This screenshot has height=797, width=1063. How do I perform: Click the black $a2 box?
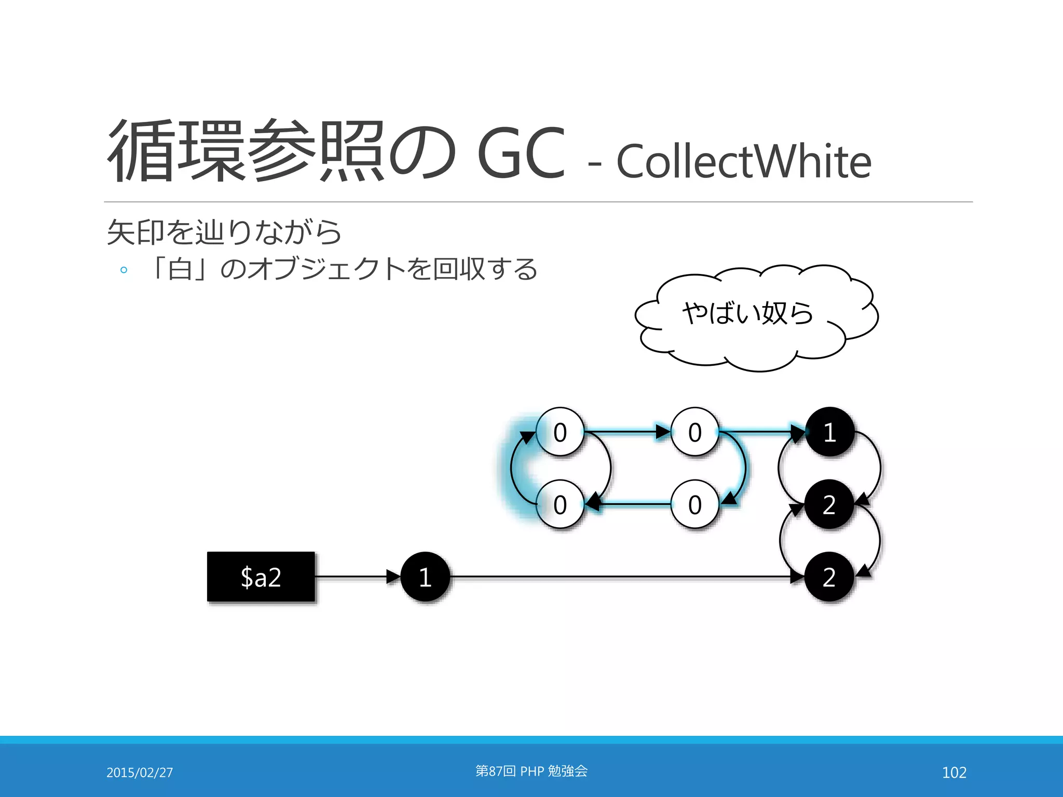(261, 576)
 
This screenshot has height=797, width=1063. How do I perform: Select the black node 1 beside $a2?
(425, 576)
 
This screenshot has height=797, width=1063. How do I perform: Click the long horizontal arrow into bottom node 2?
(623, 576)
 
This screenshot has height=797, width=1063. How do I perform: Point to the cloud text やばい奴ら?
(747, 313)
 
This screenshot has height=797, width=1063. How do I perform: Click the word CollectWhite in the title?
(743, 161)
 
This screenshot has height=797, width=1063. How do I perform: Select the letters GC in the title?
(521, 154)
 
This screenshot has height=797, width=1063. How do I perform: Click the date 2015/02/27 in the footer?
(140, 773)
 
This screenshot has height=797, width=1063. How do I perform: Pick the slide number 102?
(954, 773)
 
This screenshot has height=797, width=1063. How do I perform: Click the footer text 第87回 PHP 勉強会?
(531, 771)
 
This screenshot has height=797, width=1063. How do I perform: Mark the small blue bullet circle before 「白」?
(124, 270)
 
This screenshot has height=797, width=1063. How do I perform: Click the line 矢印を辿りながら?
(224, 232)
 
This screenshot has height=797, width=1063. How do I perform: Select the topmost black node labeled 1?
(829, 432)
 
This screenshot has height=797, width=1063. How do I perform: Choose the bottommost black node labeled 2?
(829, 576)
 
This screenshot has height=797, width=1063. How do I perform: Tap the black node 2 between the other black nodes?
(829, 504)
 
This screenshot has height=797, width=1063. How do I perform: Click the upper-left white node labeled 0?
(560, 432)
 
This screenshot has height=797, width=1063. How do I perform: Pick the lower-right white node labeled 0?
(695, 504)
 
